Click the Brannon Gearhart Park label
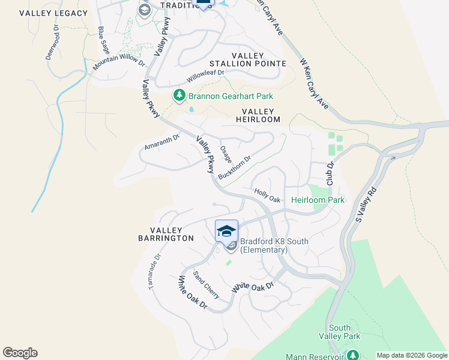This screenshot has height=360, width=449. pyautogui.click(x=231, y=96)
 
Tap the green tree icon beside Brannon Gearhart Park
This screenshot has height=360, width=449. pyautogui.click(x=178, y=95)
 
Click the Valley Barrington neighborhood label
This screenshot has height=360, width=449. pyautogui.click(x=172, y=234)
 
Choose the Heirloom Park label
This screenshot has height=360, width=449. pyautogui.click(x=318, y=200)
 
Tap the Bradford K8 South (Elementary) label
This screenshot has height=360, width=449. pyautogui.click(x=274, y=245)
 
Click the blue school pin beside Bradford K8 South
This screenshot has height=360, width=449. pyautogui.click(x=226, y=231)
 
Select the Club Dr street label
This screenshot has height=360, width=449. pyautogui.click(x=330, y=173)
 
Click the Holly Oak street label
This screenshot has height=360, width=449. pyautogui.click(x=267, y=195)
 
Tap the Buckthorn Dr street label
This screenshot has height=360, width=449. pyautogui.click(x=234, y=167)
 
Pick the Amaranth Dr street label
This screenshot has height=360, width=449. pyautogui.click(x=162, y=142)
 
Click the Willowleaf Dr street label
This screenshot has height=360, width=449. pyautogui.click(x=205, y=76)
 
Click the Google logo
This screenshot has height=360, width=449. pyautogui.click(x=20, y=353)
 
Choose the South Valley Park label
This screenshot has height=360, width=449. pyautogui.click(x=340, y=332)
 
